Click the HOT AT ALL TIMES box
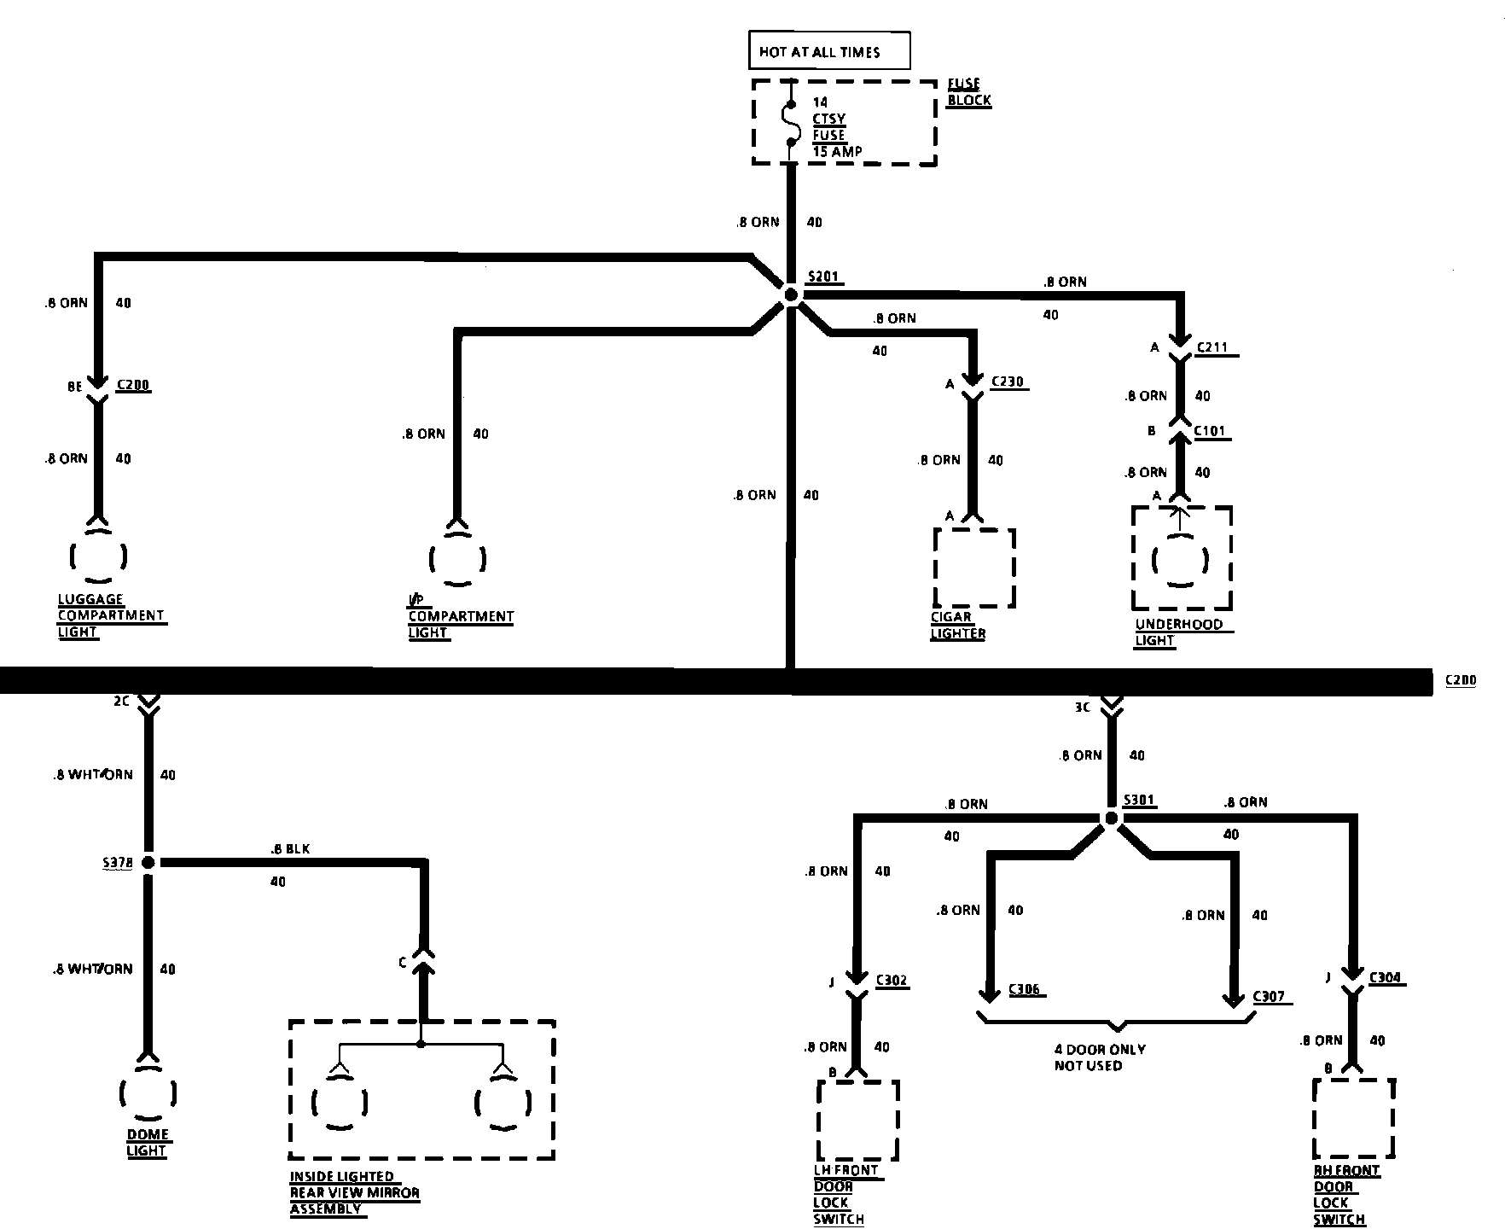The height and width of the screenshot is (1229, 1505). coord(828,51)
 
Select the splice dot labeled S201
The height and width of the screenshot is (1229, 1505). coord(791,295)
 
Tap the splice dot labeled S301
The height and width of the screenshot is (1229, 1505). coord(1111,818)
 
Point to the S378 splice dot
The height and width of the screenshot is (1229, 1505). coord(148,863)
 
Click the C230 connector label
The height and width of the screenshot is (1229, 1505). coord(1007,382)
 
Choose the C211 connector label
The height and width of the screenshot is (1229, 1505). coord(1212,347)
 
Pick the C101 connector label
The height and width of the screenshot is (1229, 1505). coord(1210,431)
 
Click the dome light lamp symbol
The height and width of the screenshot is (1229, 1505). coord(148,1092)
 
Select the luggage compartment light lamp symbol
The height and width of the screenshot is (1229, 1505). coord(99,556)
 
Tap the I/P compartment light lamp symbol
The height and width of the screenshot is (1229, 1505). coord(458,560)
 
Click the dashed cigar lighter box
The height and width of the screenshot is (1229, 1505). coord(974,568)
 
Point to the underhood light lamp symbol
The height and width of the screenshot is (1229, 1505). coord(1181,561)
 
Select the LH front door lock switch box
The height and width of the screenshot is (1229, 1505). coord(857,1120)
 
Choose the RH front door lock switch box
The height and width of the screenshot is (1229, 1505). coord(1353,1118)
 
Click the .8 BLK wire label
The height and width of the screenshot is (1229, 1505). coord(289,849)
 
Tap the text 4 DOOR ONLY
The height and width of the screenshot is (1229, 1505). coord(1100,1049)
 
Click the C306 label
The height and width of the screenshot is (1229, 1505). coord(1024,989)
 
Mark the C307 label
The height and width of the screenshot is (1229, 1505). coord(1268,996)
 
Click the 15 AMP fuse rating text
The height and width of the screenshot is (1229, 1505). coord(837,151)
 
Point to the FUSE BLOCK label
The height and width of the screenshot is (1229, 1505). coord(969,92)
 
